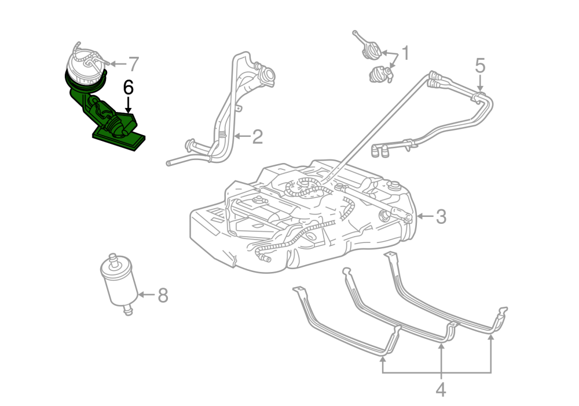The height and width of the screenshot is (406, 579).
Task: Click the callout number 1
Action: pyautogui.click(x=405, y=54)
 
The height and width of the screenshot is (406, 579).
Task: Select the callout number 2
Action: pyautogui.click(x=258, y=137)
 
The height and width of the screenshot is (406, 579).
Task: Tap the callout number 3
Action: pyautogui.click(x=441, y=217)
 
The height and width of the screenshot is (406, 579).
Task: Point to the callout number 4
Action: pyautogui.click(x=441, y=389)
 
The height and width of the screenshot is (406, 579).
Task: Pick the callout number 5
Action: pyautogui.click(x=480, y=65)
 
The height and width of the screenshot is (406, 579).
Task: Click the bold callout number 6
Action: pyautogui.click(x=128, y=88)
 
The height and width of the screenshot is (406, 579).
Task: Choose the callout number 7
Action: pyautogui.click(x=133, y=63)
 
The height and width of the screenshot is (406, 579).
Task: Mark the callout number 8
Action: pyautogui.click(x=163, y=295)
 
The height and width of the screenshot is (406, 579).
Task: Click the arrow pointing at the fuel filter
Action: pyautogui.click(x=146, y=295)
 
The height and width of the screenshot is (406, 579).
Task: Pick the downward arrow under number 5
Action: pyautogui.click(x=480, y=82)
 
